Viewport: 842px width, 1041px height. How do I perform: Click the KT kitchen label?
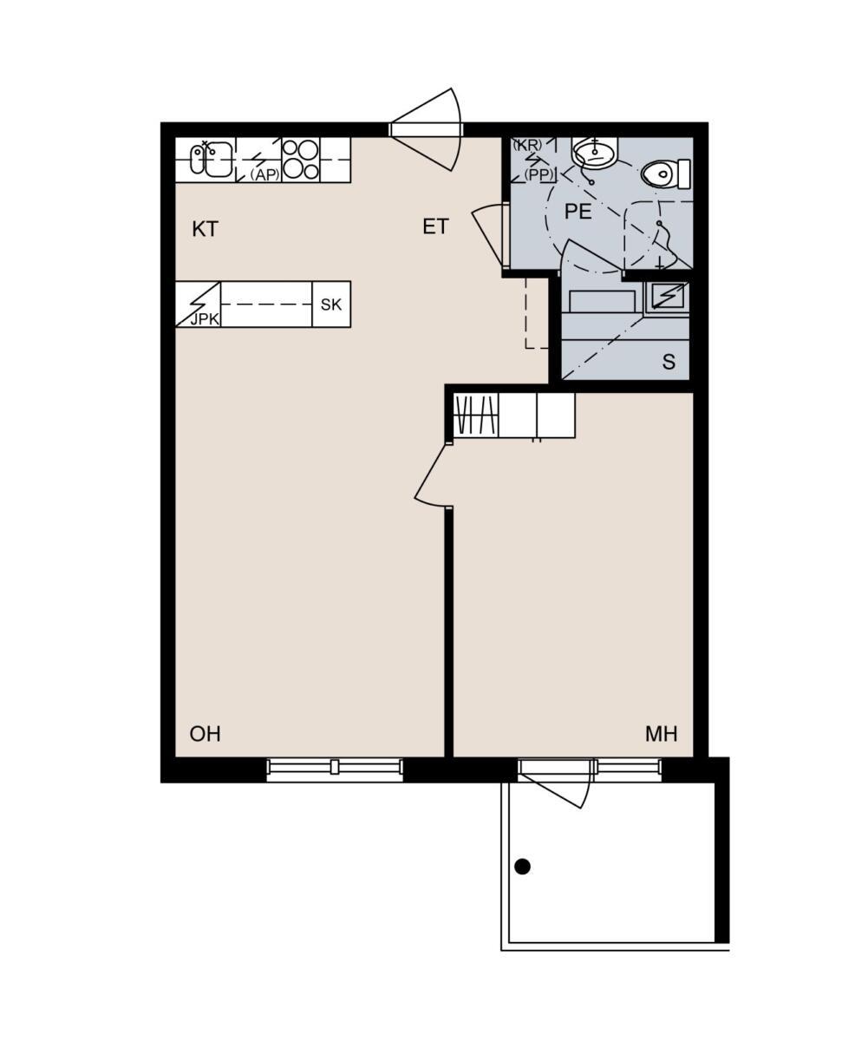205,229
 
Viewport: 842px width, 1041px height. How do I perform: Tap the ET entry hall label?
435,226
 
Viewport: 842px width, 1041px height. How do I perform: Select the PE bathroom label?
578,212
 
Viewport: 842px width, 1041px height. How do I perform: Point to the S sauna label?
669,362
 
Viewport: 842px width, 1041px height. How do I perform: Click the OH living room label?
206,734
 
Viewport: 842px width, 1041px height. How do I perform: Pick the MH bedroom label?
662,734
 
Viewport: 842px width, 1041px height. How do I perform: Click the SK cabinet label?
330,305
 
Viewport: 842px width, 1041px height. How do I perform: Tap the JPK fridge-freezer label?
206,319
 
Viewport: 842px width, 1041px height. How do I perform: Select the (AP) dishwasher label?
264,174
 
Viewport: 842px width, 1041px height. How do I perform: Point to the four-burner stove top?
301,160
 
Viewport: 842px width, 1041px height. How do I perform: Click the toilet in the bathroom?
665,173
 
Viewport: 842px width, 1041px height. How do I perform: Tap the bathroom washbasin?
595,153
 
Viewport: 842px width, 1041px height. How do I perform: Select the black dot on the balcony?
523,867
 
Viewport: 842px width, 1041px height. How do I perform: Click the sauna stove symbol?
668,296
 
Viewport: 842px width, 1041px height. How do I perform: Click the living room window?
335,767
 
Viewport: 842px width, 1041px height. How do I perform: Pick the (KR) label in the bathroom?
528,145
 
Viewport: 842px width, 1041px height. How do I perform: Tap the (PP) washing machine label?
538,174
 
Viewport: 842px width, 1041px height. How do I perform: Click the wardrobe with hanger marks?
476,416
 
